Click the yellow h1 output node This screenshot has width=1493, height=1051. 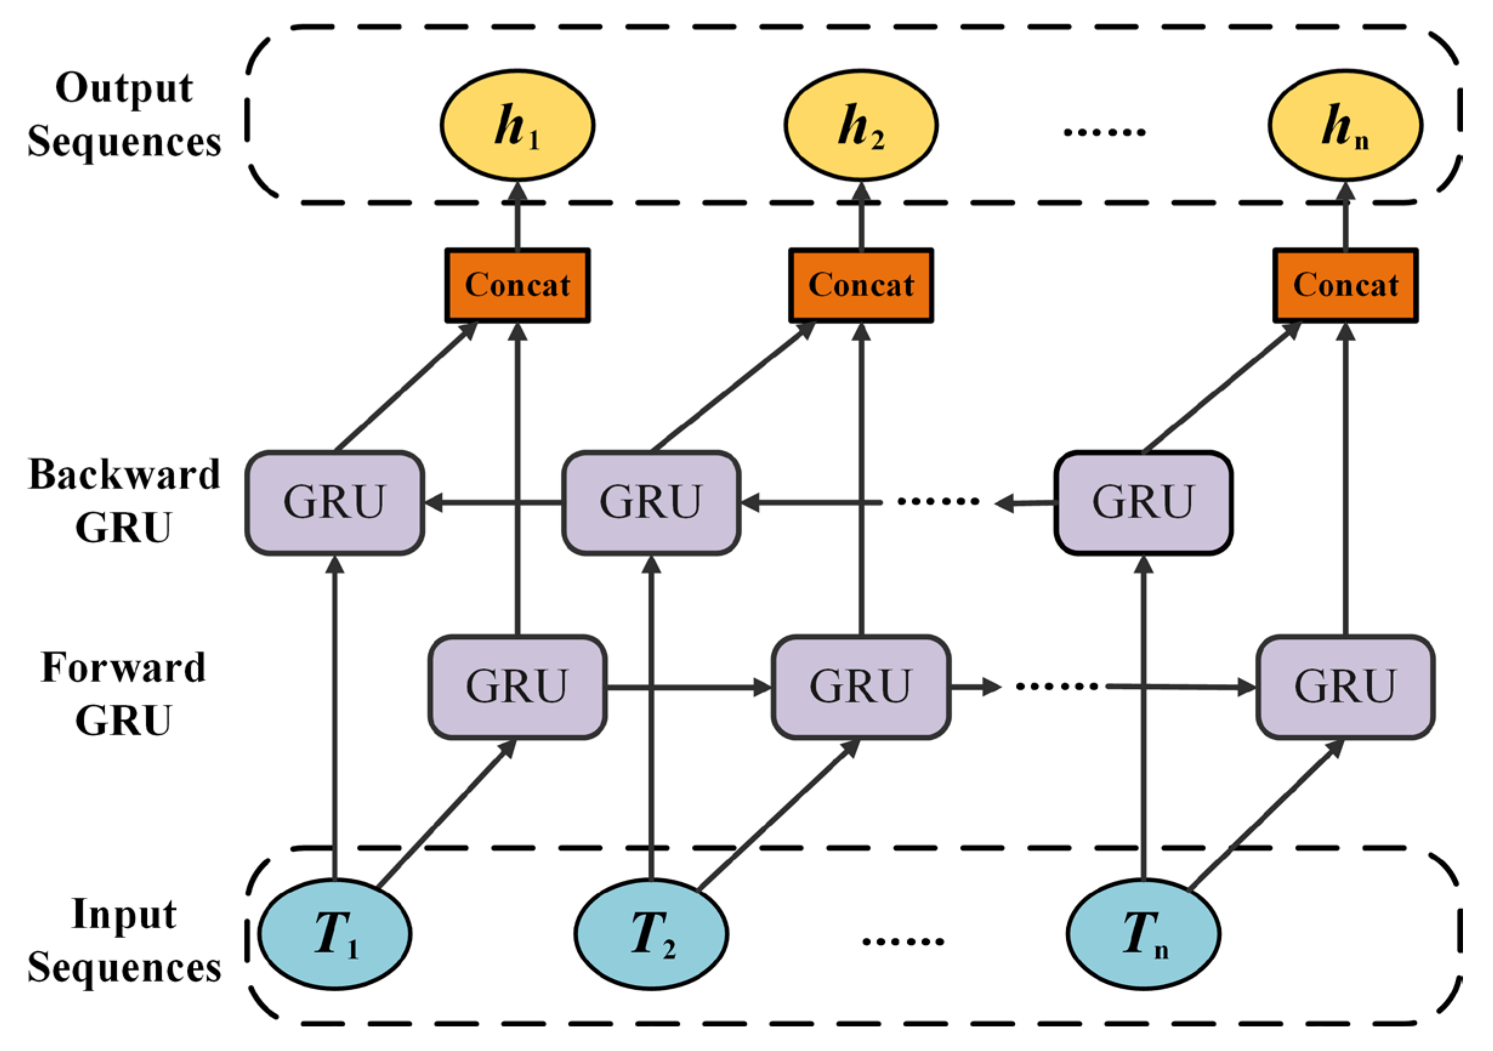pos(517,125)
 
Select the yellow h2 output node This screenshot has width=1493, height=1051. pos(861,125)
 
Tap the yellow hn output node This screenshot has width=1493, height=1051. pos(1345,125)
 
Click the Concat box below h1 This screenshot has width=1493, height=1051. pos(517,285)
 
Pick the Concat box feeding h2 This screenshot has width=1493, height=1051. pos(861,285)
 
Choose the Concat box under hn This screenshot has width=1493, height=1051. pos(1345,285)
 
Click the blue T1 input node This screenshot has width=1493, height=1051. pos(334,934)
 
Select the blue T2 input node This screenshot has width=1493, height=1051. pos(651,934)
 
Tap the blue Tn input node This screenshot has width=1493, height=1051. pos(1142,934)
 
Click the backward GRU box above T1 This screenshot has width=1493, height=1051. pos(334,502)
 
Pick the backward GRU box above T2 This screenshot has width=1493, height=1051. pos(651,502)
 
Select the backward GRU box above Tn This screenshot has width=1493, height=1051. pos(1142,502)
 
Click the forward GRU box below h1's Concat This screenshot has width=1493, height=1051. pos(517,687)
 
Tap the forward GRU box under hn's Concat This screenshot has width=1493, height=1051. pos(1345,687)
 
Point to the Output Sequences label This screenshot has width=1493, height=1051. pos(124,115)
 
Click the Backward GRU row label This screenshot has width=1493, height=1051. pos(124,501)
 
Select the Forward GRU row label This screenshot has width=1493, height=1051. pos(124,694)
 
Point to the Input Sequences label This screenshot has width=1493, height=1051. pos(124,941)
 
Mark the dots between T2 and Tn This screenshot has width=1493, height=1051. pos(902,941)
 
